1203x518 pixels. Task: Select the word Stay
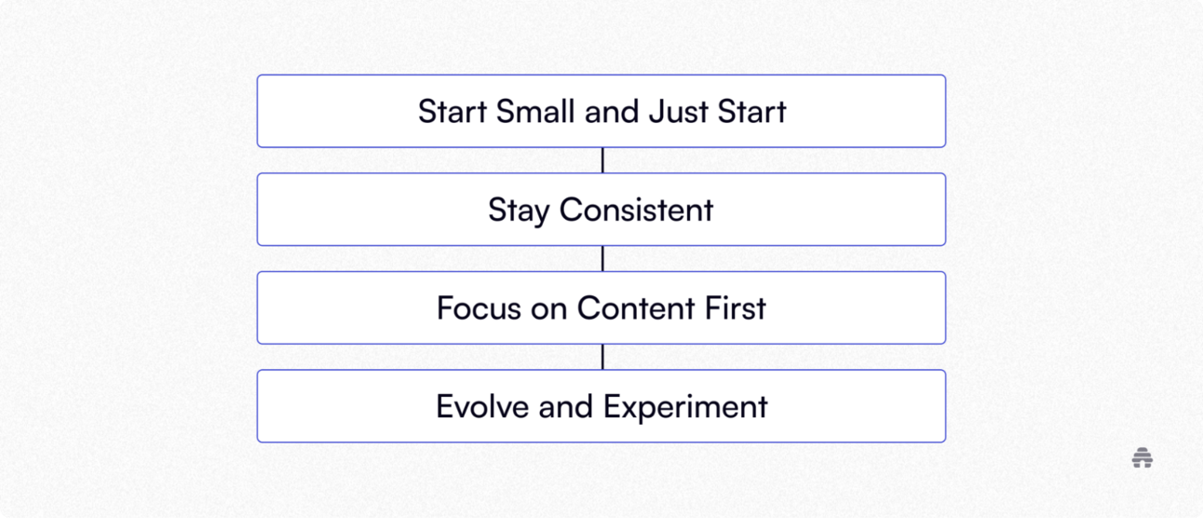[x=519, y=211]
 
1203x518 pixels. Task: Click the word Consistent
[x=636, y=210]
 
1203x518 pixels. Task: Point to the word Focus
[x=479, y=307]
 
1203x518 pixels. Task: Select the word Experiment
[x=685, y=407]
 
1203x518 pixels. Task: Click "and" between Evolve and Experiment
[x=566, y=406]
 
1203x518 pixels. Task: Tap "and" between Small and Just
[x=612, y=111]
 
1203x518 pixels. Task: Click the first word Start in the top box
[x=453, y=111]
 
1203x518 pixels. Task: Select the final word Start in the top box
[x=752, y=111]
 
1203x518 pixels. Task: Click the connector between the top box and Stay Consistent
[x=602, y=160]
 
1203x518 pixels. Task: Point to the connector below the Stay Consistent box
[x=602, y=258]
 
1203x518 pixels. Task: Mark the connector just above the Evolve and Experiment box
[x=602, y=357]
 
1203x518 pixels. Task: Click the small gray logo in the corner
[x=1142, y=457]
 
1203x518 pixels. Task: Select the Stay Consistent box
[x=601, y=210]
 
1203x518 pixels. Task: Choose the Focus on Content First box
[x=601, y=307]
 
